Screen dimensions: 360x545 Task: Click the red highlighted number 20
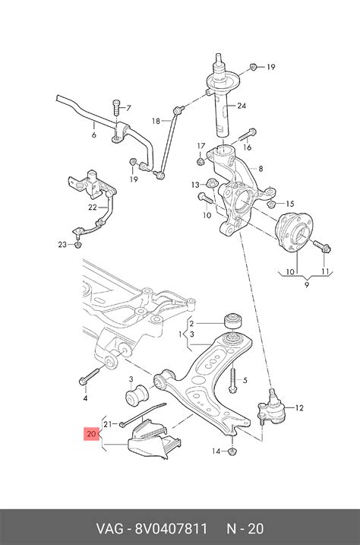91,434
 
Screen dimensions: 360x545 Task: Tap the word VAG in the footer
109,529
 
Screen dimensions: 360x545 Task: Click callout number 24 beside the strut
242,106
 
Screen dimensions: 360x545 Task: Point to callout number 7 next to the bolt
128,108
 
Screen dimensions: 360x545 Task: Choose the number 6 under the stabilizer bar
93,135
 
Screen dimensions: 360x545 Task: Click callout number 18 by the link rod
156,121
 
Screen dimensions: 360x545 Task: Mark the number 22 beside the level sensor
93,208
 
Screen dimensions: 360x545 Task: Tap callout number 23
62,244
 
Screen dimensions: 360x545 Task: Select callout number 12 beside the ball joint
299,407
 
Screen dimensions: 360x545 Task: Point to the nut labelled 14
232,452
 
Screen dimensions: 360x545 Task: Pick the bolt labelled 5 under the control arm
233,379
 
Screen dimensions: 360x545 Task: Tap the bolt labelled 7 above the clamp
116,108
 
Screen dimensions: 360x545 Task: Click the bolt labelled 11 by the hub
322,246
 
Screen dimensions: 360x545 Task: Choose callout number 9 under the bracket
307,285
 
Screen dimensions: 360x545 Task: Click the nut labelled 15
272,204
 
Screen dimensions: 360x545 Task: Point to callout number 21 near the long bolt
108,424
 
